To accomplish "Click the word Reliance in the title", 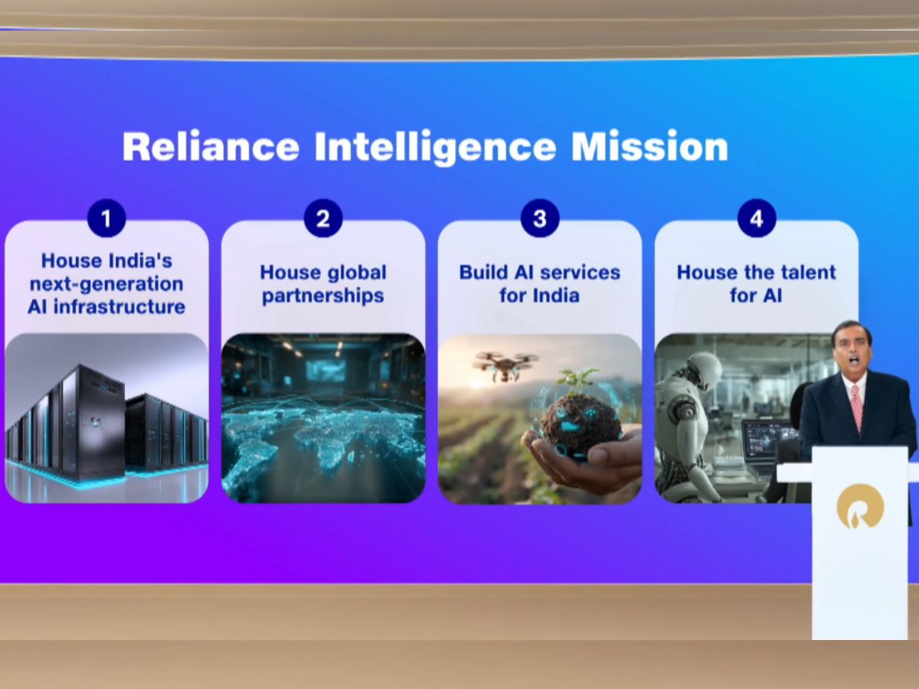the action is [211, 146].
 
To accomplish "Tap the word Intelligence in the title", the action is [436, 147].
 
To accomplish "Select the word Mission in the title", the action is [649, 146].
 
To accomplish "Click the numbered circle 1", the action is [106, 218].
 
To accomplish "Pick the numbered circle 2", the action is [323, 218].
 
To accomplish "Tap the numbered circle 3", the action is [540, 218].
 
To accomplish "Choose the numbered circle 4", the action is [757, 218].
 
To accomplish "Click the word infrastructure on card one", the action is [119, 307].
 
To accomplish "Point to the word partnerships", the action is [323, 296].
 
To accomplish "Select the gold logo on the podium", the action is [860, 506].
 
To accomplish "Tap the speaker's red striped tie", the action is [857, 407].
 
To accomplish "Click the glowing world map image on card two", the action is [323, 418].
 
